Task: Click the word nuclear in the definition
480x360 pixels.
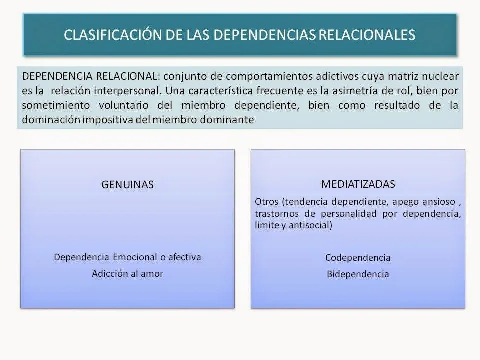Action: click(x=441, y=77)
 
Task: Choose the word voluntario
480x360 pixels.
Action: click(x=123, y=105)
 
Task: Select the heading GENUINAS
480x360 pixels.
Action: click(x=127, y=185)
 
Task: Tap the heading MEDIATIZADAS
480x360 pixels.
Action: click(x=358, y=184)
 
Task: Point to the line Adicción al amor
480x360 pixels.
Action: click(x=127, y=273)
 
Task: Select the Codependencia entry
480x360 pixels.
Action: click(x=358, y=258)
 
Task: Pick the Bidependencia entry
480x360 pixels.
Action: click(x=358, y=274)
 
